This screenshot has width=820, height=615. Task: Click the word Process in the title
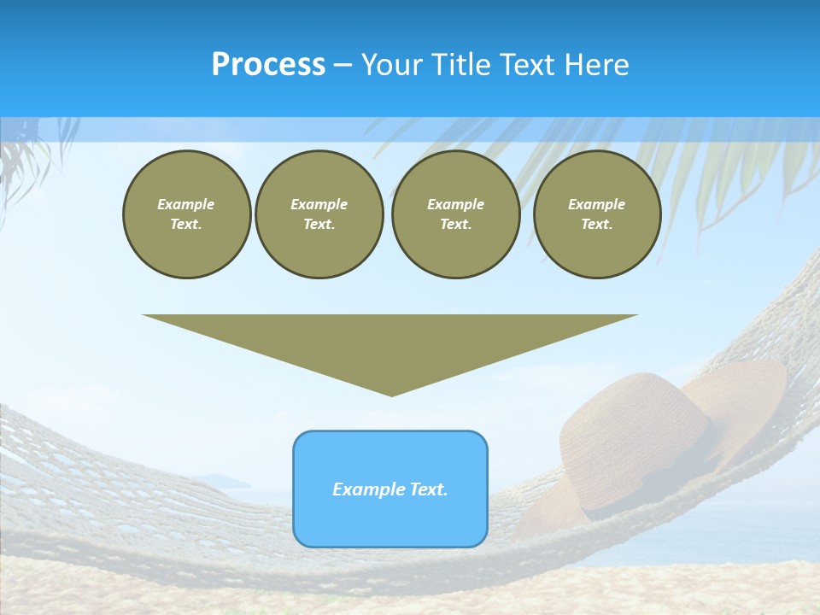point(268,65)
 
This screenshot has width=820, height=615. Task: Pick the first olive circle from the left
point(186,214)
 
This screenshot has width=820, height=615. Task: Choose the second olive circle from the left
point(319,214)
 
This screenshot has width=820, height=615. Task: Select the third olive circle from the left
point(455,214)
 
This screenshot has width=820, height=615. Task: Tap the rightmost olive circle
point(597,214)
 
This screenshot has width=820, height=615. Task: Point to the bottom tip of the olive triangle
point(391,395)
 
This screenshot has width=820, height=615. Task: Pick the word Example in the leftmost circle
point(186,204)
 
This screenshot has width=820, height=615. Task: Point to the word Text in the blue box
point(428,489)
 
